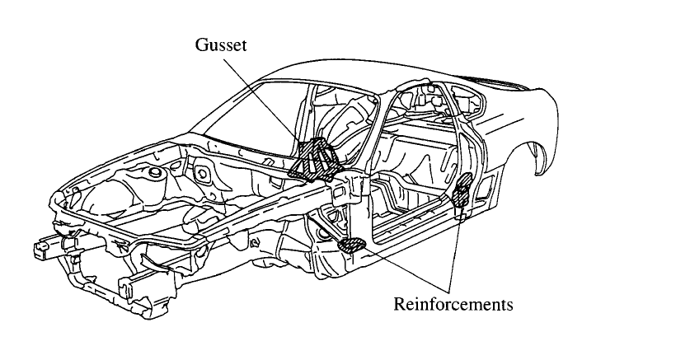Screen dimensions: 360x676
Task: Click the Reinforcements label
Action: pos(453,304)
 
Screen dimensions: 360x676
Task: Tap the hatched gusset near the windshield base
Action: pos(314,160)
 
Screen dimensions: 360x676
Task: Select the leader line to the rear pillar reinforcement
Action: pos(458,247)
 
